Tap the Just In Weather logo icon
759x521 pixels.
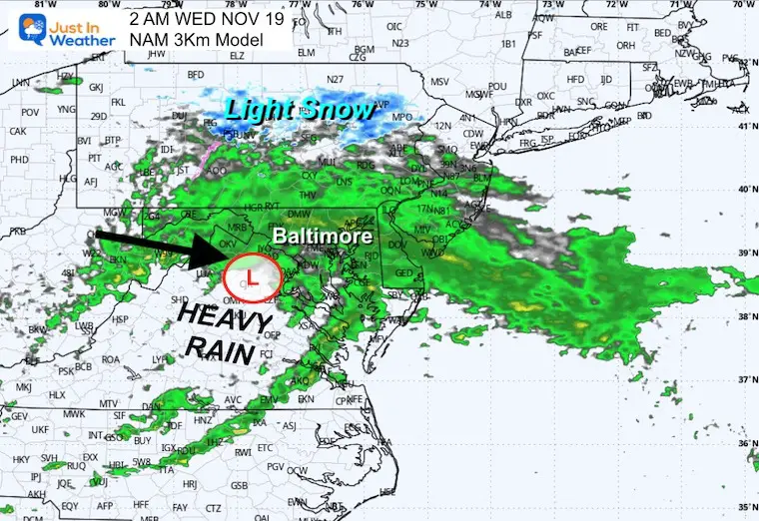(x=24, y=25)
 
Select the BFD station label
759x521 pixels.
(x=197, y=74)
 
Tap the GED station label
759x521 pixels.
(x=403, y=272)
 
